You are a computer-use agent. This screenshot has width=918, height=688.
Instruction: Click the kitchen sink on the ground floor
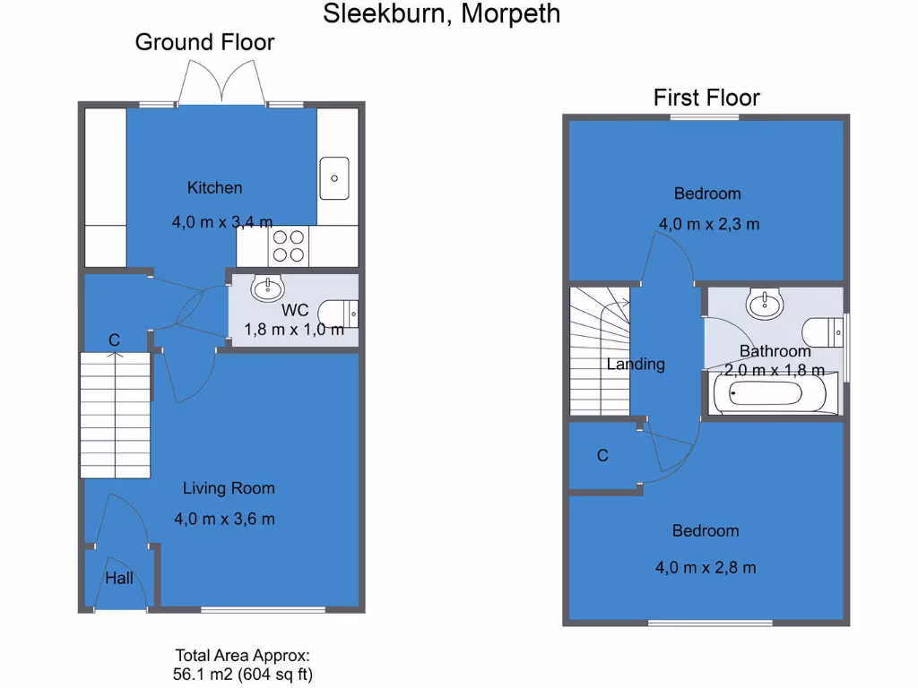334,176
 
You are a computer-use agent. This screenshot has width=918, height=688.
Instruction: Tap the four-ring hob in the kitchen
288,245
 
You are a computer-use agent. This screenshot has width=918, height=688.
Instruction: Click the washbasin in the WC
267,288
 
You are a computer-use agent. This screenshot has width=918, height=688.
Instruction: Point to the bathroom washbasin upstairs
764,304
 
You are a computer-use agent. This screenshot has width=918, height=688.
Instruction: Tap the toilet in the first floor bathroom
822,332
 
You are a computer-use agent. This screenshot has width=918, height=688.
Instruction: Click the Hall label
119,578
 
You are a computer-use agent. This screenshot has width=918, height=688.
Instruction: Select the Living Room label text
229,488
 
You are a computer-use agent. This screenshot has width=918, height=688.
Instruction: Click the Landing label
636,364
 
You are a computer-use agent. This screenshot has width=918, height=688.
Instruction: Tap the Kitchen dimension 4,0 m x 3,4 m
222,221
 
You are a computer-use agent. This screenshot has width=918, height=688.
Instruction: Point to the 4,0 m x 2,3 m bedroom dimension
708,224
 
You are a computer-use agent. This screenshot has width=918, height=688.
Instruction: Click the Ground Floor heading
204,41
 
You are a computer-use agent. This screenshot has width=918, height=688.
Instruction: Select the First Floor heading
706,97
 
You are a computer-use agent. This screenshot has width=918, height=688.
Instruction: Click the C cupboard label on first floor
602,456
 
